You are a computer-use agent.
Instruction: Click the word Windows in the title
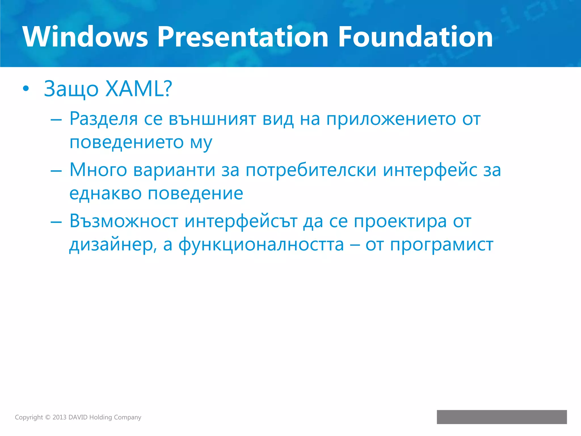click(x=85, y=37)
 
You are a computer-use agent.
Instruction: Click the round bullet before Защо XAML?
click(x=26, y=89)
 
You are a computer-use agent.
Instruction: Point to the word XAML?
click(x=138, y=89)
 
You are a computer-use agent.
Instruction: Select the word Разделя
click(x=104, y=119)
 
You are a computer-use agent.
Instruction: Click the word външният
click(x=212, y=119)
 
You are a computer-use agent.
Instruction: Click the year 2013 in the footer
click(x=59, y=417)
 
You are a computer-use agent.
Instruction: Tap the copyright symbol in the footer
click(x=48, y=417)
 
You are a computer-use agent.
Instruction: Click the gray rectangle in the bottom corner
click(x=502, y=417)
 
